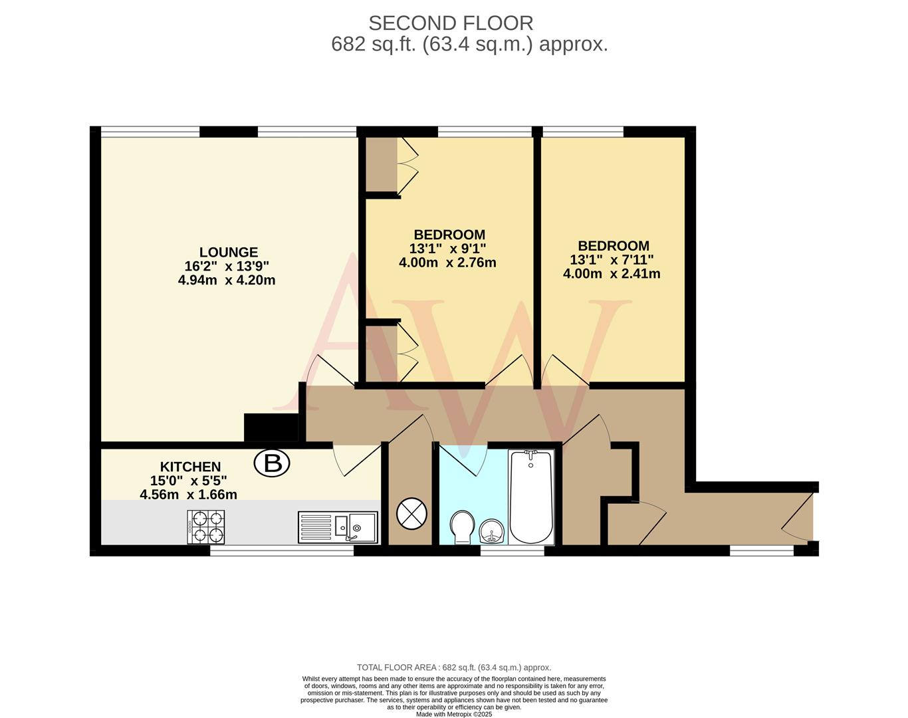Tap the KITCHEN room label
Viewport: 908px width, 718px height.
(190, 467)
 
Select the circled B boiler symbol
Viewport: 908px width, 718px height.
(273, 463)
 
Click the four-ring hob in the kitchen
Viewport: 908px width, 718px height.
(207, 527)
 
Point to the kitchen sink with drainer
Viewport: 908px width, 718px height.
(338, 527)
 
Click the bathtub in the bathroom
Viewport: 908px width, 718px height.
(530, 496)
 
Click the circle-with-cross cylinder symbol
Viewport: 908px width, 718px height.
(409, 513)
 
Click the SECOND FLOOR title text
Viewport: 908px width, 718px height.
(451, 23)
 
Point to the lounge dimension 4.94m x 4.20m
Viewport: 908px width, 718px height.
(227, 281)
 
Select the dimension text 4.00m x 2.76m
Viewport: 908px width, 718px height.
(447, 263)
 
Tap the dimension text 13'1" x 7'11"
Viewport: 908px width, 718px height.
(612, 260)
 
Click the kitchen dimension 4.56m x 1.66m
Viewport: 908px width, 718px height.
(188, 495)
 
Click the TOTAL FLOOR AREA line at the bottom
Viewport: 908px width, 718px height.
(454, 667)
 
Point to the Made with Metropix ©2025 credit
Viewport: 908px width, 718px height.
(454, 715)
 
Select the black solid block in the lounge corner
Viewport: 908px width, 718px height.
(271, 427)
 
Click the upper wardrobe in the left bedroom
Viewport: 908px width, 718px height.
(382, 164)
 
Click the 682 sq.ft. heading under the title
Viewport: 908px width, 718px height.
(469, 45)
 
